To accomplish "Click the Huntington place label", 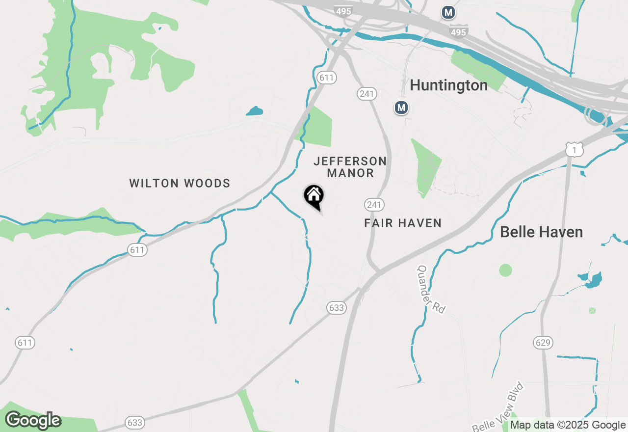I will [448, 85].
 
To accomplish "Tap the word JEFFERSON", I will [350, 161].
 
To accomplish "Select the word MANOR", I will [350, 173].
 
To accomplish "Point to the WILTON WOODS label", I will [180, 184].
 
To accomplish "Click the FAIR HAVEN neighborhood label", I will [403, 223].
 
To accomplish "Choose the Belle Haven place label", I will [541, 232].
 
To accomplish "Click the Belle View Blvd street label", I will [498, 406].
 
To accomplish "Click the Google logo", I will [33, 421].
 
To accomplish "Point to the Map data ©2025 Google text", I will [568, 425].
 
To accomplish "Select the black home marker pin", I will [314, 196].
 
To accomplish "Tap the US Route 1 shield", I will [574, 149].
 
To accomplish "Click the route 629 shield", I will [543, 342].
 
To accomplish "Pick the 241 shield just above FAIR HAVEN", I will [374, 205].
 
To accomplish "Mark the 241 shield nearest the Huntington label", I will [366, 94].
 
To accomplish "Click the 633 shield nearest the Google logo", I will [134, 422].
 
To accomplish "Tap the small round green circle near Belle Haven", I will [505, 270].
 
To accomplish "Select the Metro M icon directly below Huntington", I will [401, 107].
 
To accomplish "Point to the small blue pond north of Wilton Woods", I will [255, 111].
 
